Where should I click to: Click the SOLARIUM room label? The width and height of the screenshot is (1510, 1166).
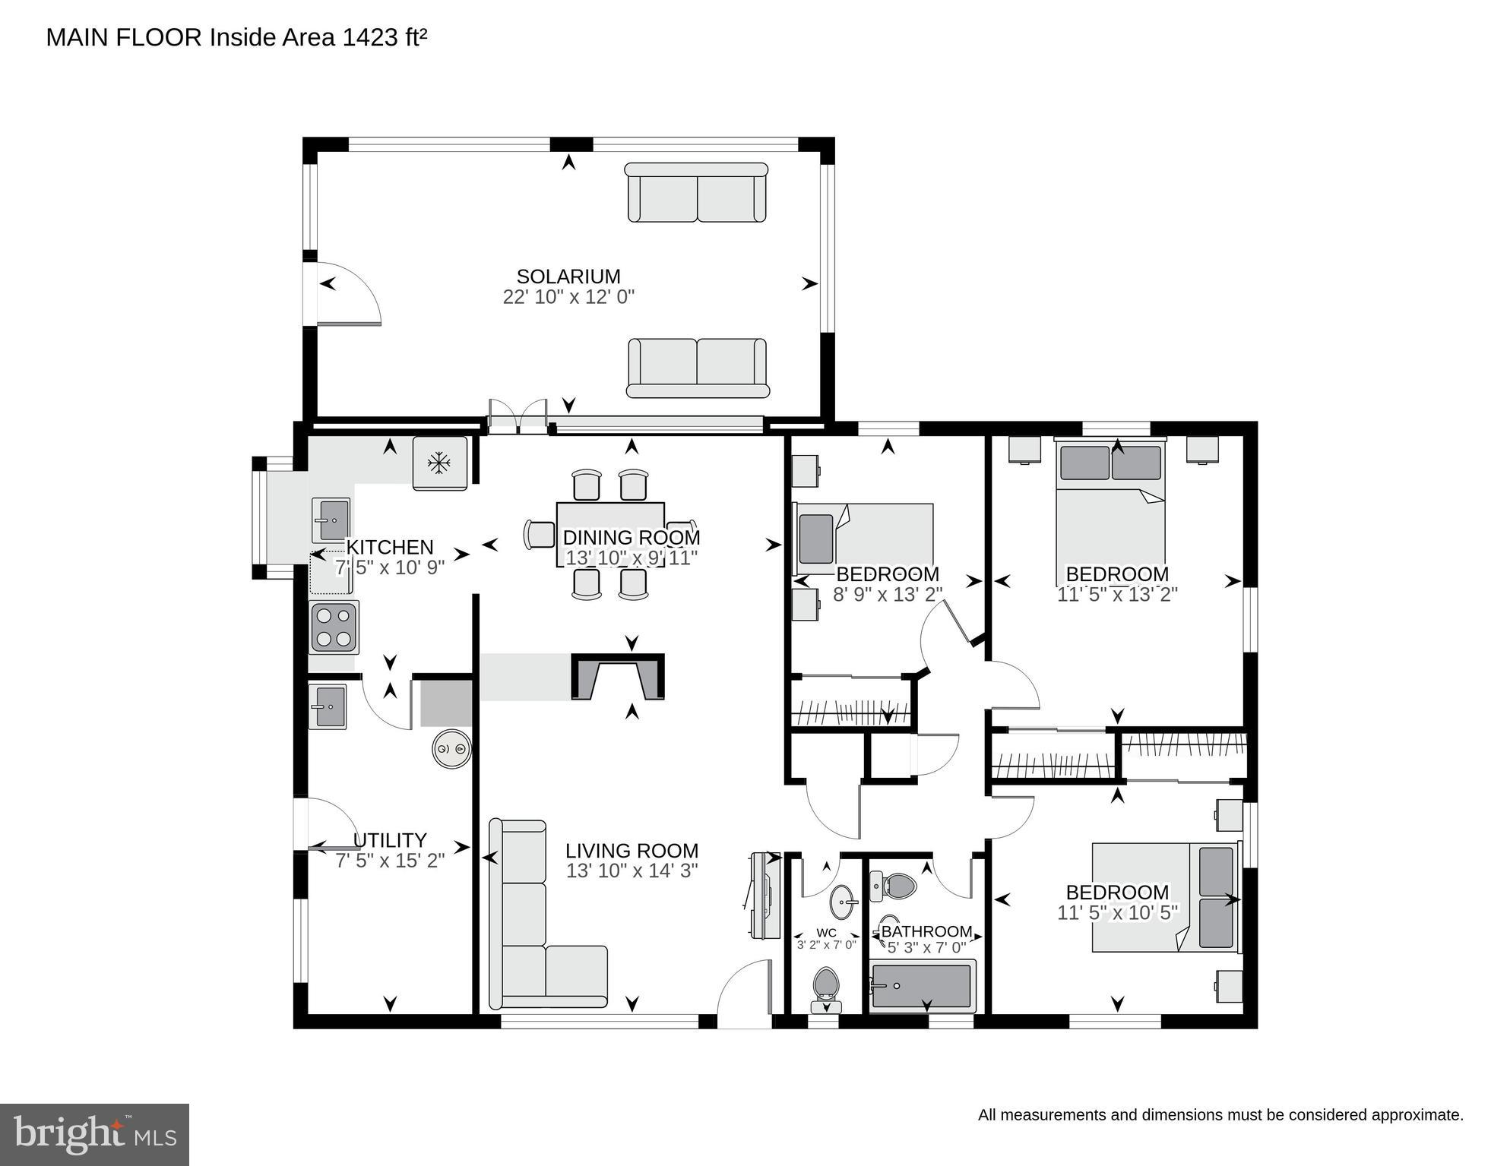568,276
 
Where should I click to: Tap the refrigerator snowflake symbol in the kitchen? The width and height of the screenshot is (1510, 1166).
439,463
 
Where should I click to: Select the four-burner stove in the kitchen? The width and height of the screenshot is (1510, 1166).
334,627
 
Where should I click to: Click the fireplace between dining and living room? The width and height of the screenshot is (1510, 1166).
618,677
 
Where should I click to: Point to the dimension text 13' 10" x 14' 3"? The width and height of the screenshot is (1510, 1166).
632,871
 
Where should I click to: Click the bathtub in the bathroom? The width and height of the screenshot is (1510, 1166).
922,986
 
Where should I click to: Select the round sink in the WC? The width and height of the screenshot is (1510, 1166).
843,902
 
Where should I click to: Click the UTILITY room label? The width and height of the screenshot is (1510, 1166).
390,840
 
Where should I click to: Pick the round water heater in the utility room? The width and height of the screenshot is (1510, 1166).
451,750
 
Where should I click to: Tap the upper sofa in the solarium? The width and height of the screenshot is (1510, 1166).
696,193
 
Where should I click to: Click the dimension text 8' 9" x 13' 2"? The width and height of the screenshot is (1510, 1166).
888,594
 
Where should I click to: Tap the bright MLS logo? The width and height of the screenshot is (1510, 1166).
94,1134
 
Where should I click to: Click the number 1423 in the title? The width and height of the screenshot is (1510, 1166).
369,37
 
